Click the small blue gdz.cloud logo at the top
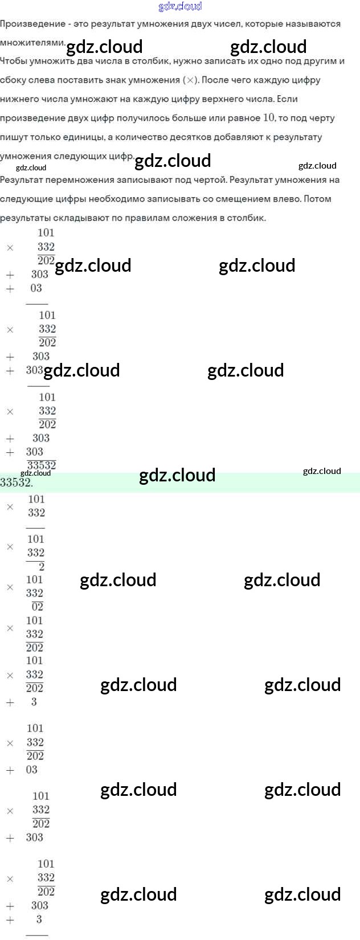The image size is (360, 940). point(180,6)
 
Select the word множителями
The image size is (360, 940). point(32,43)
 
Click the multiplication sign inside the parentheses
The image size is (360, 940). point(191,80)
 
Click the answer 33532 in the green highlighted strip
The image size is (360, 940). point(16,483)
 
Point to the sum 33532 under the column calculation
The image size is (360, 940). point(42,465)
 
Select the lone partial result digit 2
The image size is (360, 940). point(41,566)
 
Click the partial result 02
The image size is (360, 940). point(38,607)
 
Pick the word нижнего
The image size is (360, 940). point(19,99)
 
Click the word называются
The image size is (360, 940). point(312,24)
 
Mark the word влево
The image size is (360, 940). point(285,199)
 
